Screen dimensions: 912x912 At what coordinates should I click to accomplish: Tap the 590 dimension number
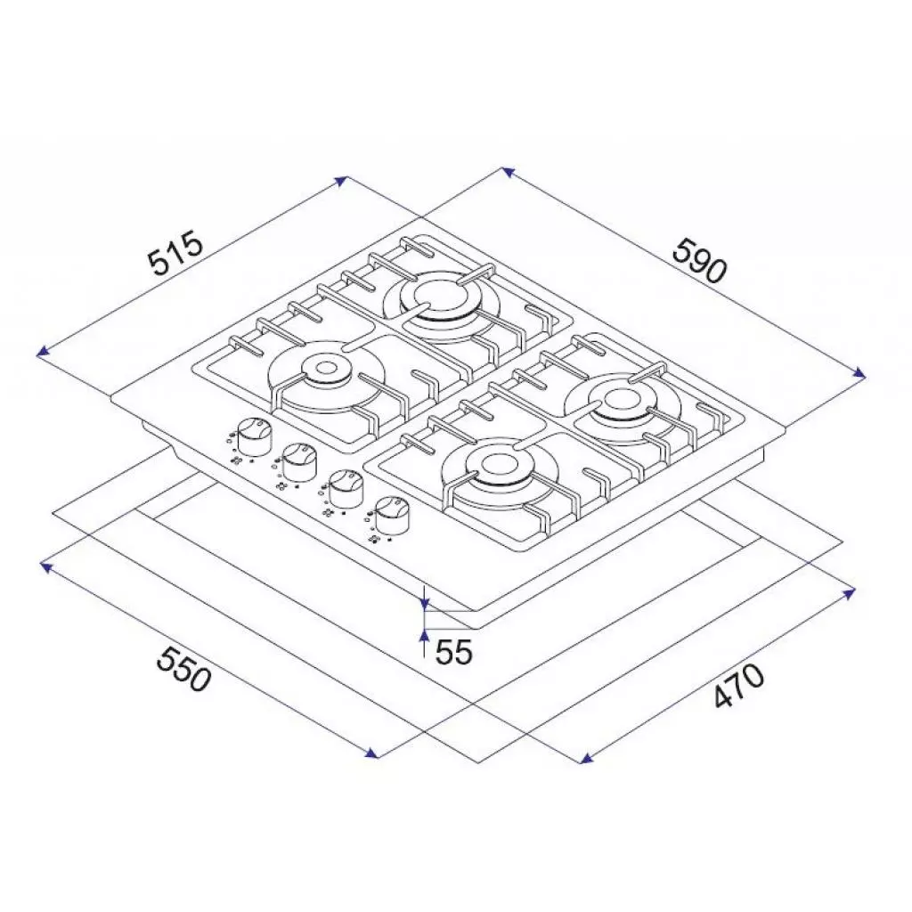700,259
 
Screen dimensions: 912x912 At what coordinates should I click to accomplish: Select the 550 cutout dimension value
183,669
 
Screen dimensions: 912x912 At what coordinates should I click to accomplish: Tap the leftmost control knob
255,434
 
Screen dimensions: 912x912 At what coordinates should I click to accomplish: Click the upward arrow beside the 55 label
425,639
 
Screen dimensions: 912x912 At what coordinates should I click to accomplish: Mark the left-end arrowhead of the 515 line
41,354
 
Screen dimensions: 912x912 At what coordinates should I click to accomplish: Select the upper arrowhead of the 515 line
341,181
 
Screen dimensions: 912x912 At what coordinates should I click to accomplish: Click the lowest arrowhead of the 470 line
585,760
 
